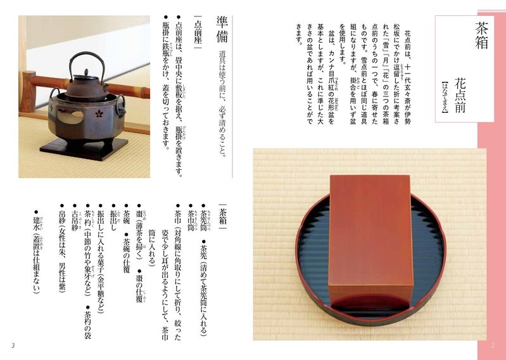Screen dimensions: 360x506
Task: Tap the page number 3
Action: point(13,345)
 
